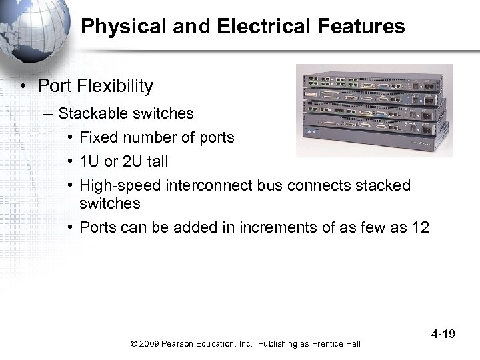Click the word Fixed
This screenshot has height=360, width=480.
pyautogui.click(x=98, y=137)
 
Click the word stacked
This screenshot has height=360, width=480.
pyautogui.click(x=383, y=185)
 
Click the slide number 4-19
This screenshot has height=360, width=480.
pyautogui.click(x=441, y=333)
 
